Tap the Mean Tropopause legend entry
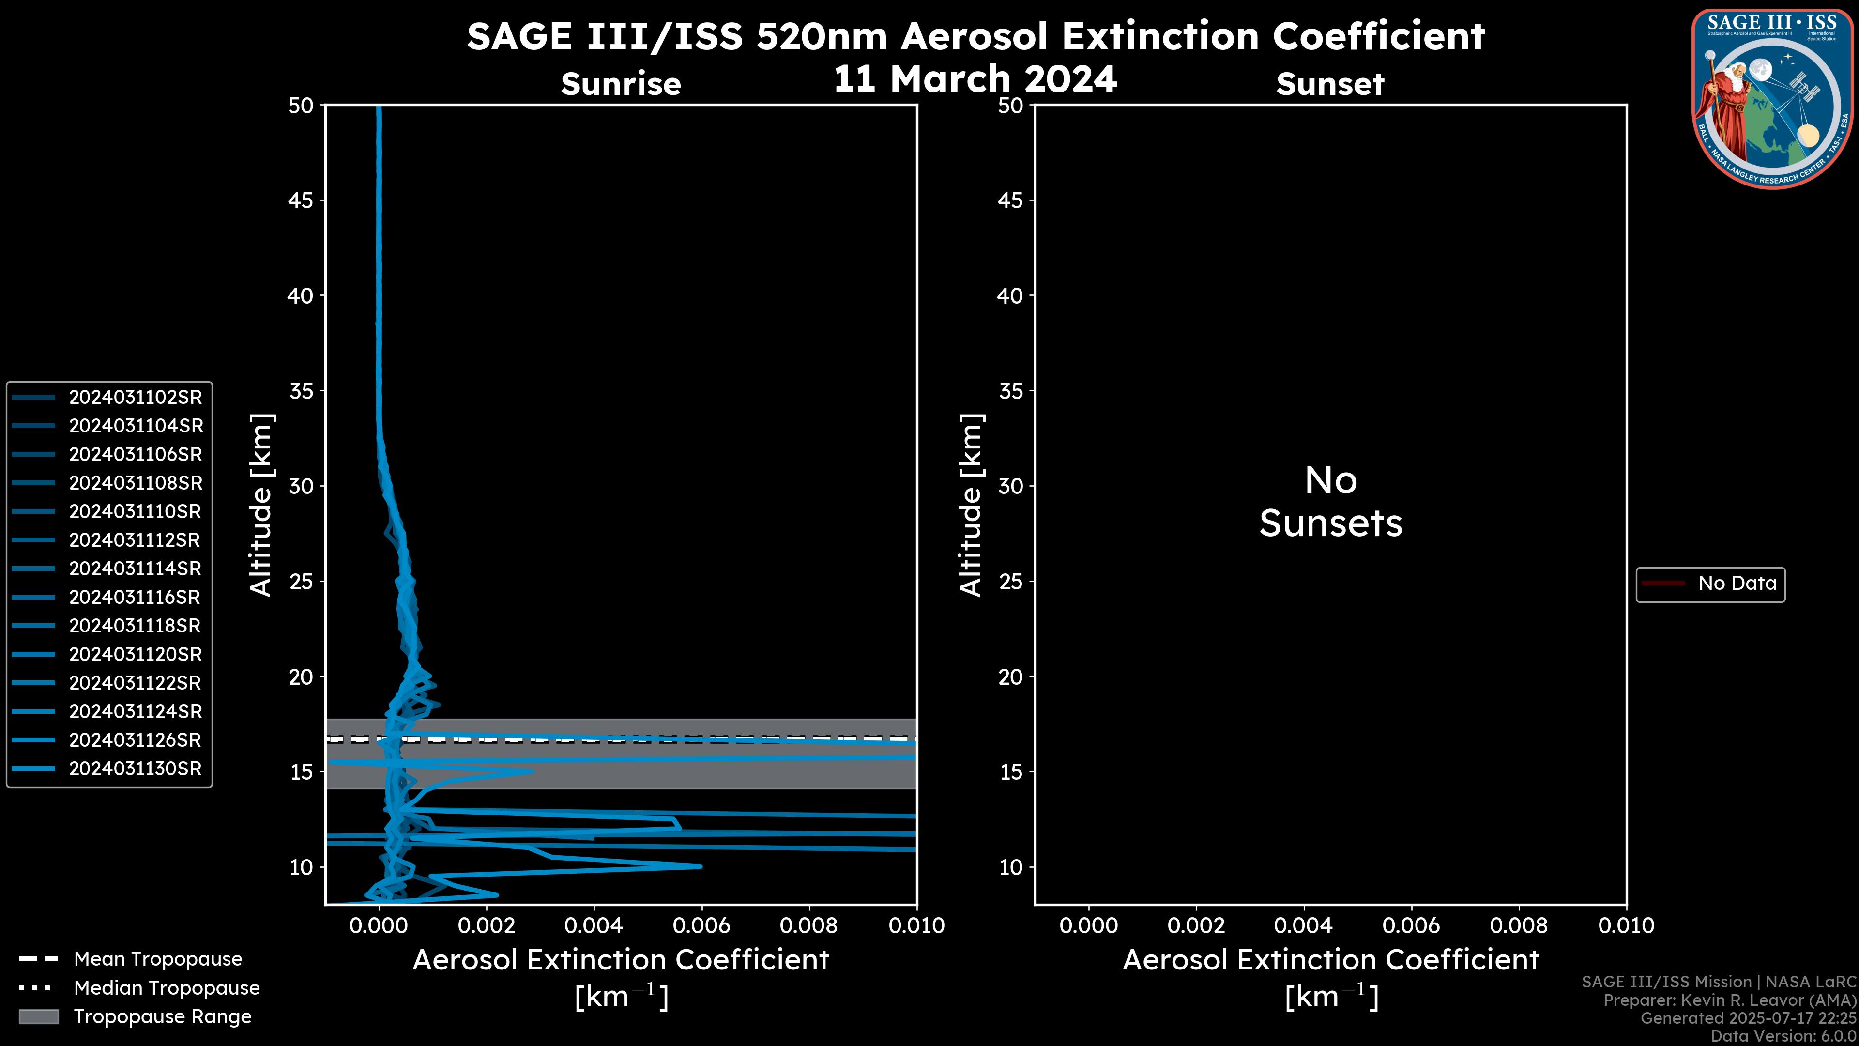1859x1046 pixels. tap(157, 959)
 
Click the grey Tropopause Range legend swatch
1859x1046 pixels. tap(39, 1016)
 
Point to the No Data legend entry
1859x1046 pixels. tap(1737, 583)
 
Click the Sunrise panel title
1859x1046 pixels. tap(621, 84)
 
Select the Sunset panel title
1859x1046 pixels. tap(1330, 84)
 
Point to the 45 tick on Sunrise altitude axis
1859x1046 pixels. tap(301, 200)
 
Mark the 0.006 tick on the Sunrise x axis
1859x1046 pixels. tap(701, 925)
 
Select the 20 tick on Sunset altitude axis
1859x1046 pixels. tap(1010, 677)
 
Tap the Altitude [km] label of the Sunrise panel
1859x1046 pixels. tap(260, 505)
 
